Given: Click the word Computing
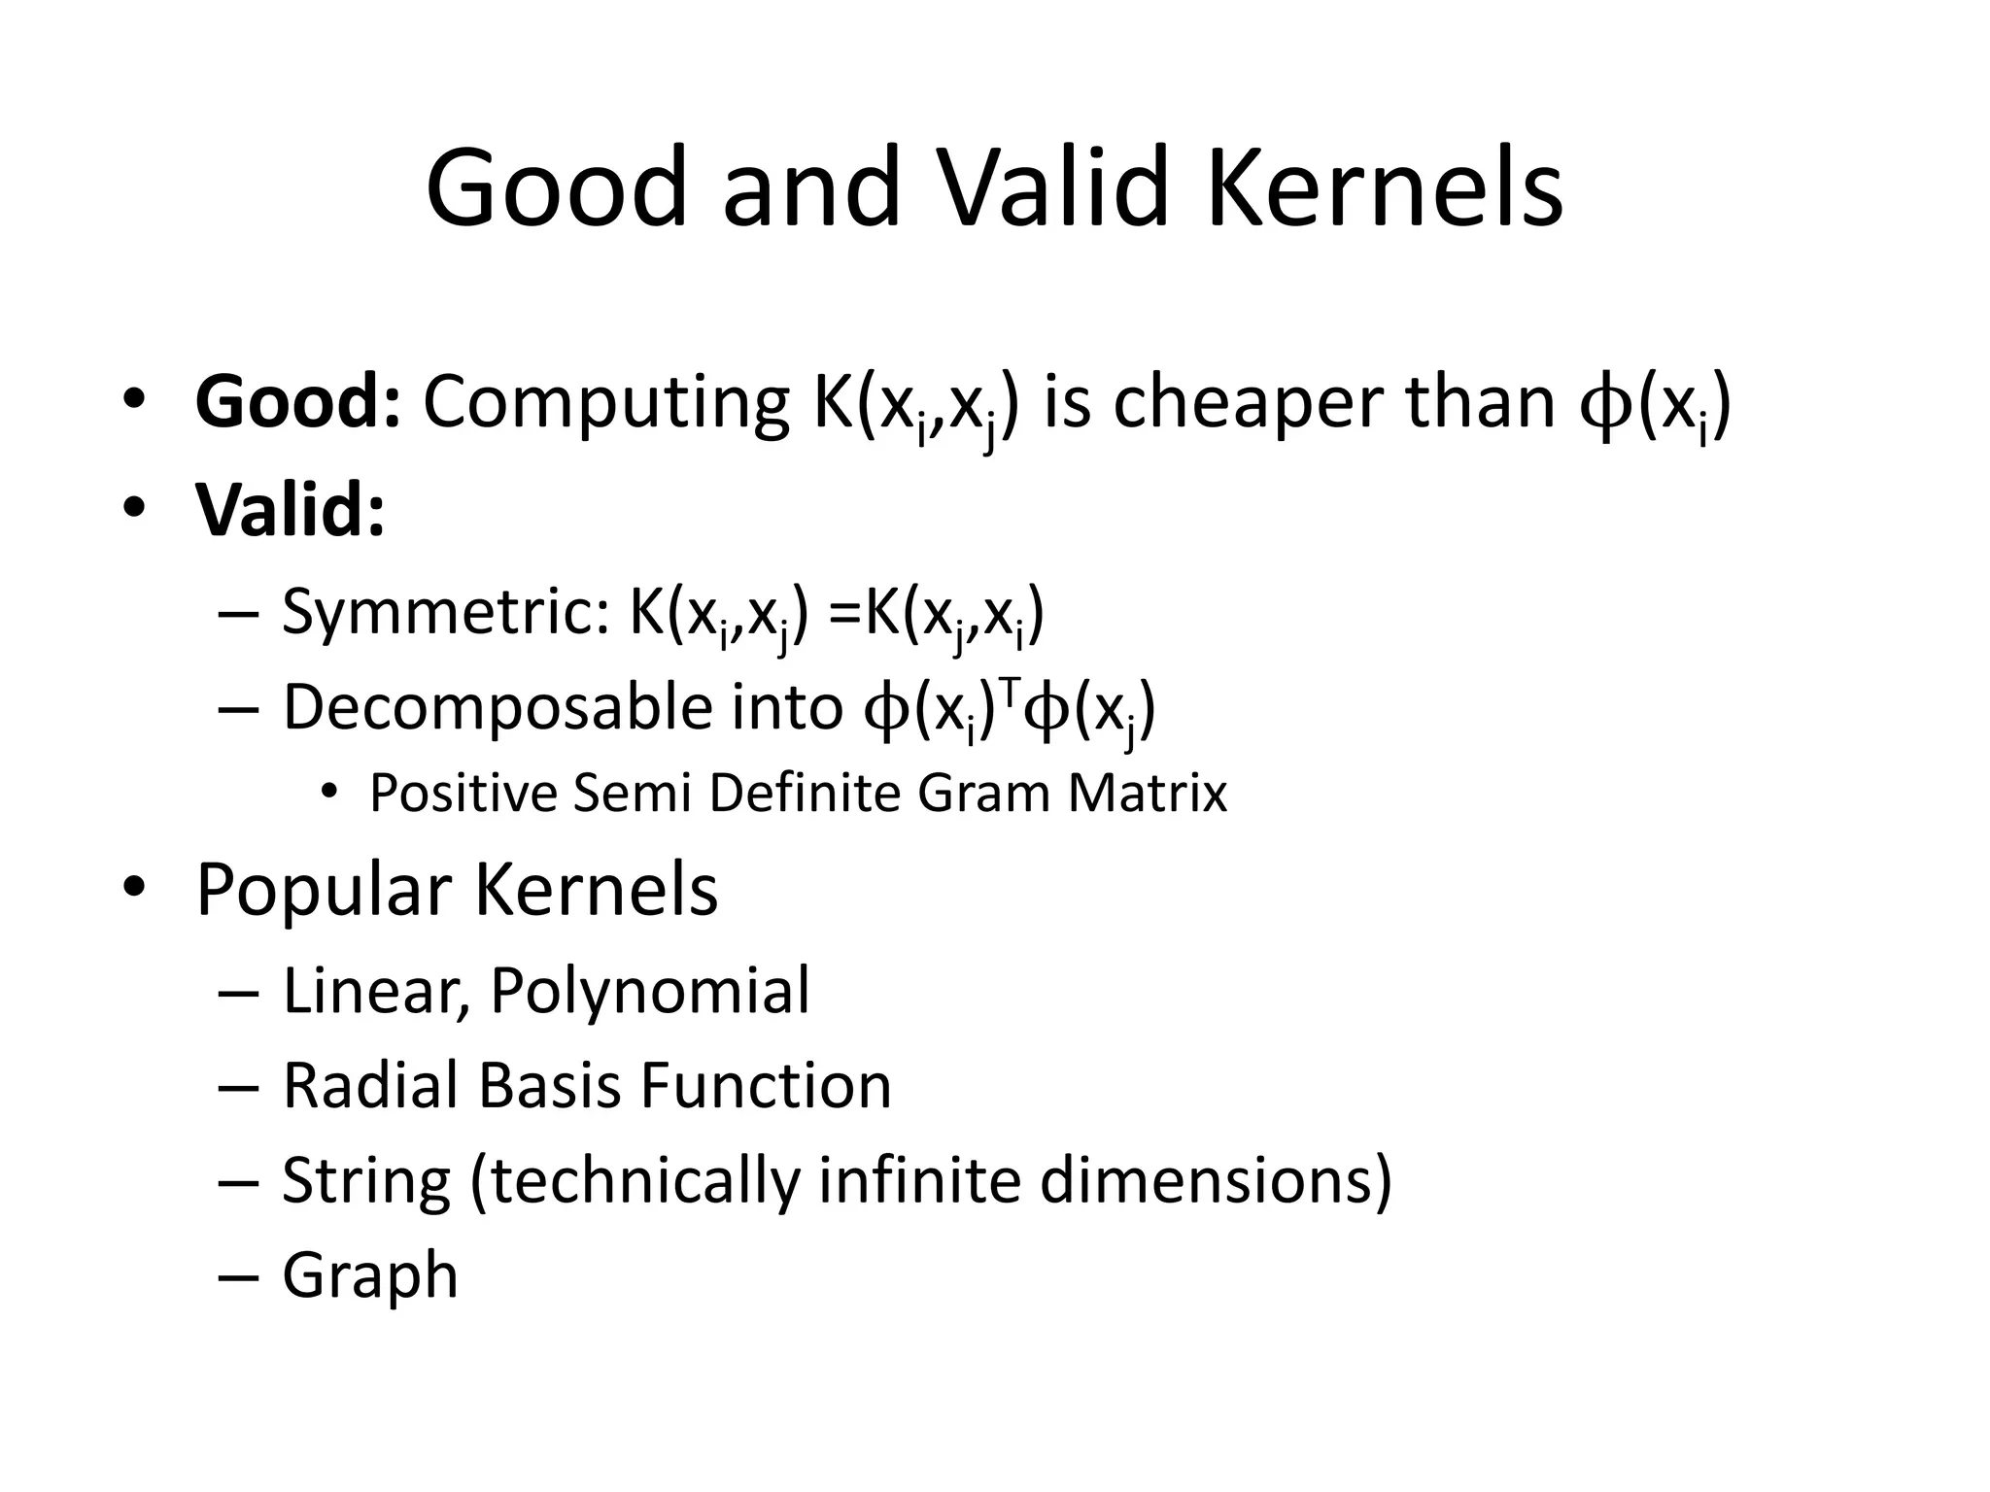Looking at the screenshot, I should [x=605, y=403].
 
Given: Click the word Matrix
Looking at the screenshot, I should [x=1148, y=794].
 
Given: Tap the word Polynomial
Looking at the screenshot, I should [x=649, y=992].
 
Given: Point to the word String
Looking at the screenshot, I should [x=366, y=1181].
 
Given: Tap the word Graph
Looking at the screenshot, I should [x=370, y=1275].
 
